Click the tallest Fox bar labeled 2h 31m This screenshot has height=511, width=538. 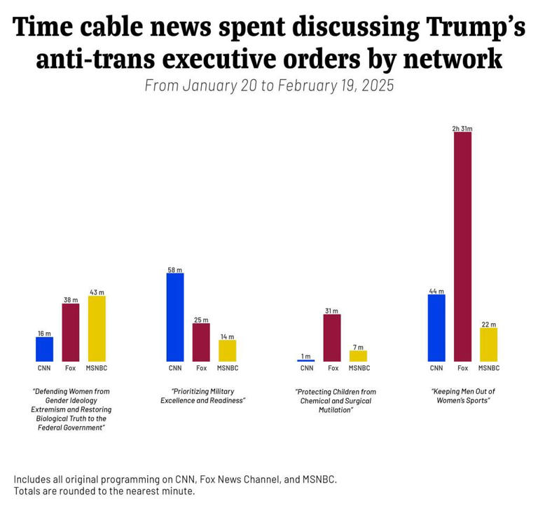pos(462,246)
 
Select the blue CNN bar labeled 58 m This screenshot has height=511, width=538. pos(175,317)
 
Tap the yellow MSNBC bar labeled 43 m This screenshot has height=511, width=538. pos(97,328)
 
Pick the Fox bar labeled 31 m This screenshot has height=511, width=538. pos(332,337)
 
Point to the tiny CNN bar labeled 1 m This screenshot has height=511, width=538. pos(306,360)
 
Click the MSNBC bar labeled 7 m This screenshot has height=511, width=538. pos(358,355)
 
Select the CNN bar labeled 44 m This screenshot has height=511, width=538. pos(436,327)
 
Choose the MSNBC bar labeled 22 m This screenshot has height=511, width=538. pos(488,344)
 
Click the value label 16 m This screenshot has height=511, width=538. pos(44,334)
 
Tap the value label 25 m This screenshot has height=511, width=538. pos(201,320)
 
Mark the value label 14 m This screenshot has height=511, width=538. pos(227,336)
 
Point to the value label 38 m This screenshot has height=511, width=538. pos(71,300)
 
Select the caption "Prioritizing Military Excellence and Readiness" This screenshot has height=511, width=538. pos(202,396)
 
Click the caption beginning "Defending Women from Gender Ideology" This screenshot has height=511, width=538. pos(71,409)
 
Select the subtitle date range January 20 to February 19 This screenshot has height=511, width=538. pos(269,86)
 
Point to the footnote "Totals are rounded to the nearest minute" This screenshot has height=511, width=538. pos(104,491)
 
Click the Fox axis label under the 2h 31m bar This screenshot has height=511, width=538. pos(462,368)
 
